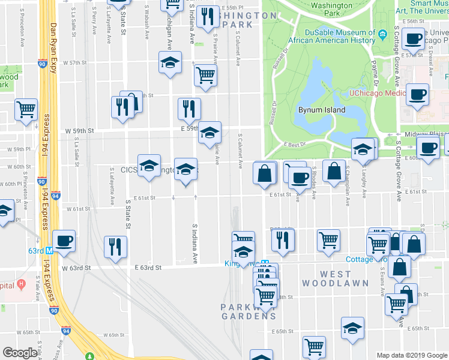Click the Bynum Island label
322,110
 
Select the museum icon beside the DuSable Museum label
382,35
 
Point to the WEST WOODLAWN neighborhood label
327,278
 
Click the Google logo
20,353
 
